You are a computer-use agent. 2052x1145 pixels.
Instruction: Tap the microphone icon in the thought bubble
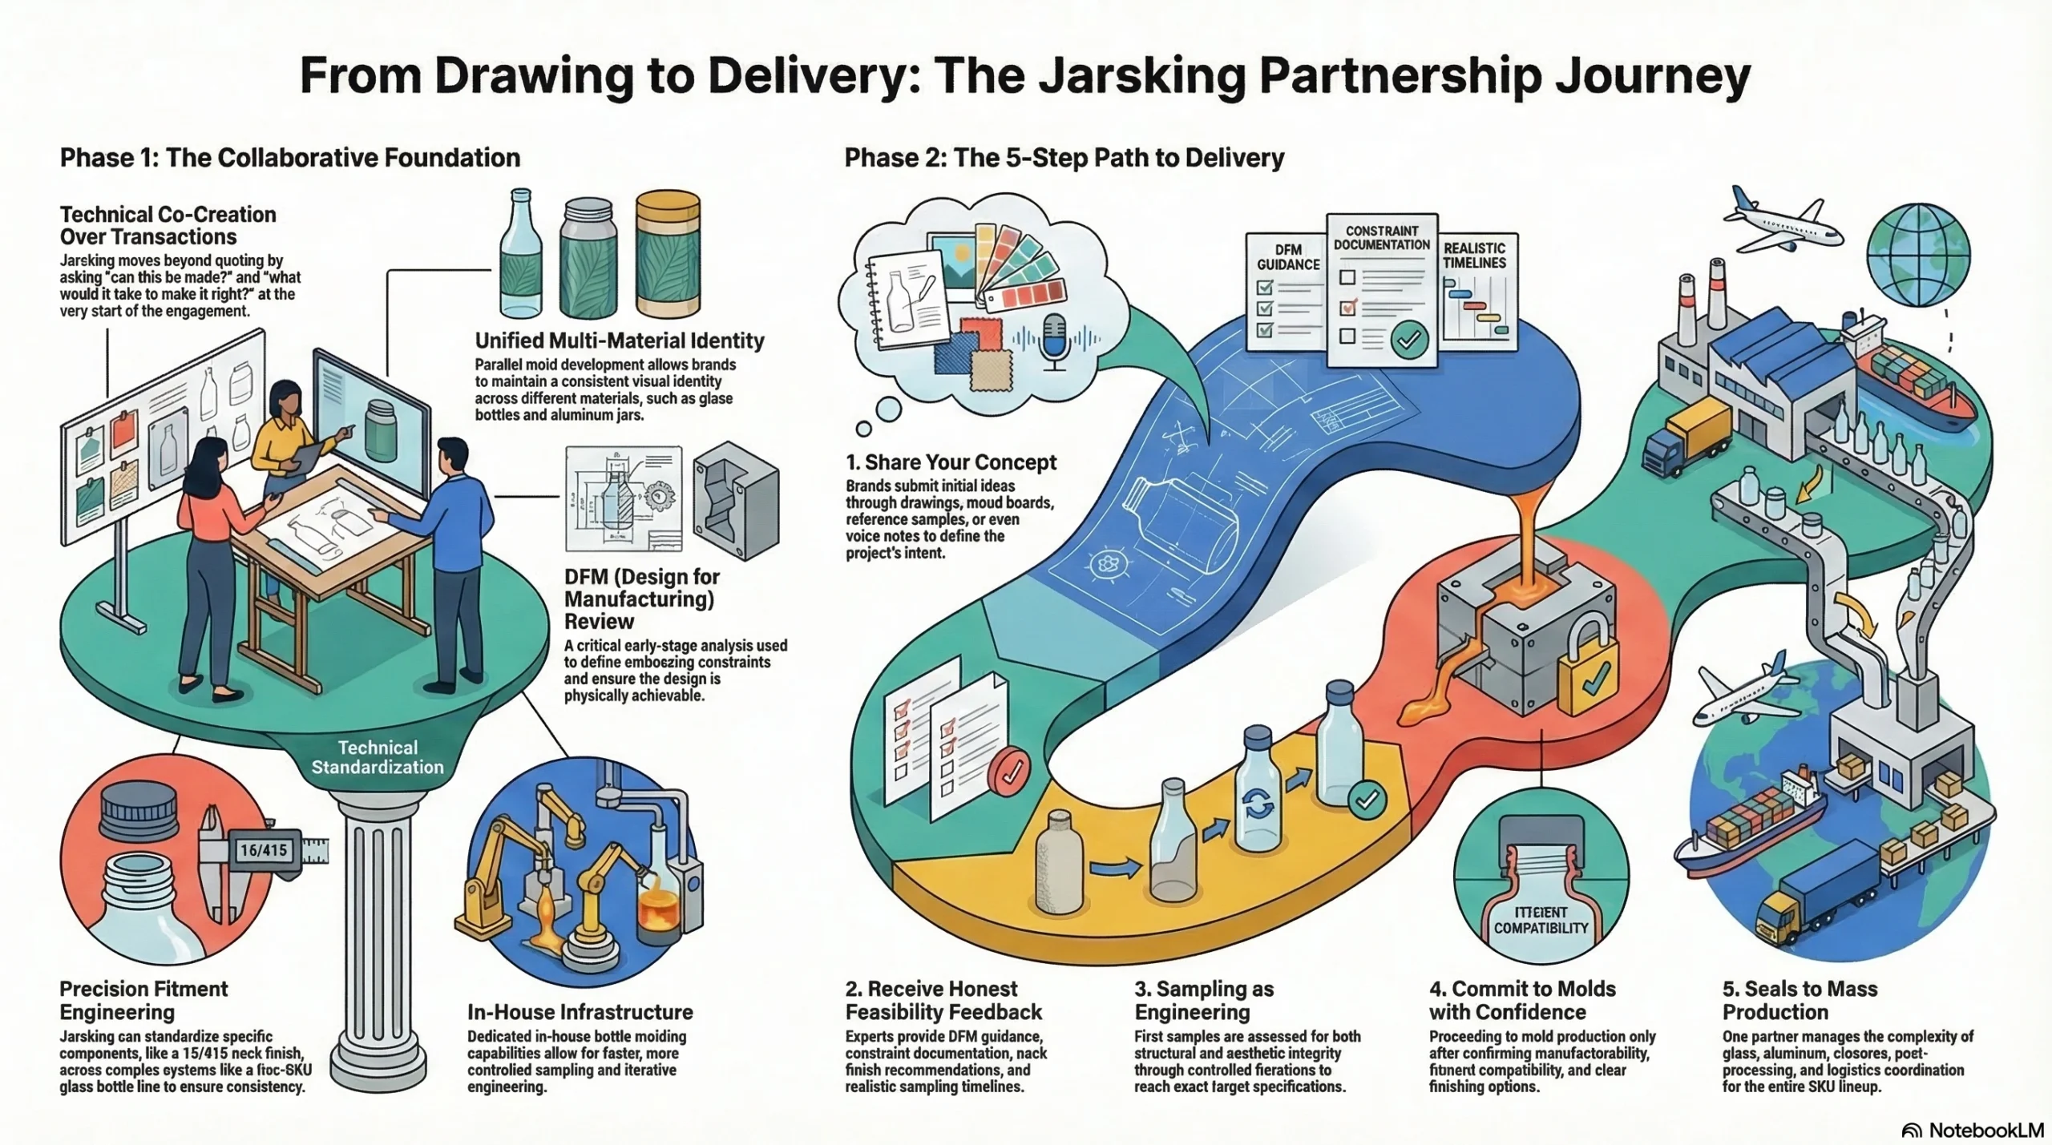[x=1054, y=341]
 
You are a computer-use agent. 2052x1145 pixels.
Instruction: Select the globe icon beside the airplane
[x=1918, y=255]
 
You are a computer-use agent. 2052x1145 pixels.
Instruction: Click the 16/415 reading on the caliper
[x=264, y=850]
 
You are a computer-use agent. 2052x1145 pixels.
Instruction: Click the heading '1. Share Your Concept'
[x=951, y=462]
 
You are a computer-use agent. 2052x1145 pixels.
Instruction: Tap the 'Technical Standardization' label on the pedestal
[x=377, y=757]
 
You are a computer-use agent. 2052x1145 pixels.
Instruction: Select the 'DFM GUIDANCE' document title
[x=1288, y=257]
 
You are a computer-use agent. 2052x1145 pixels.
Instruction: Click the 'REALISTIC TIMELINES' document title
[x=1474, y=256]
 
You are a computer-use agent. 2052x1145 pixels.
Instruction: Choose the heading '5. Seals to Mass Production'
[x=1800, y=1000]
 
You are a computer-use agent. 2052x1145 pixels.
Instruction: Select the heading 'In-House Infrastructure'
[x=580, y=1012]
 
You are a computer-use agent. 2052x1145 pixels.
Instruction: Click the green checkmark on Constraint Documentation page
[x=1408, y=340]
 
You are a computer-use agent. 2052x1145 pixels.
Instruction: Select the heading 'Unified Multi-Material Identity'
[x=619, y=341]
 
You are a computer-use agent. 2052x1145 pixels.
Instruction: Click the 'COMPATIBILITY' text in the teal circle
[x=1541, y=928]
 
